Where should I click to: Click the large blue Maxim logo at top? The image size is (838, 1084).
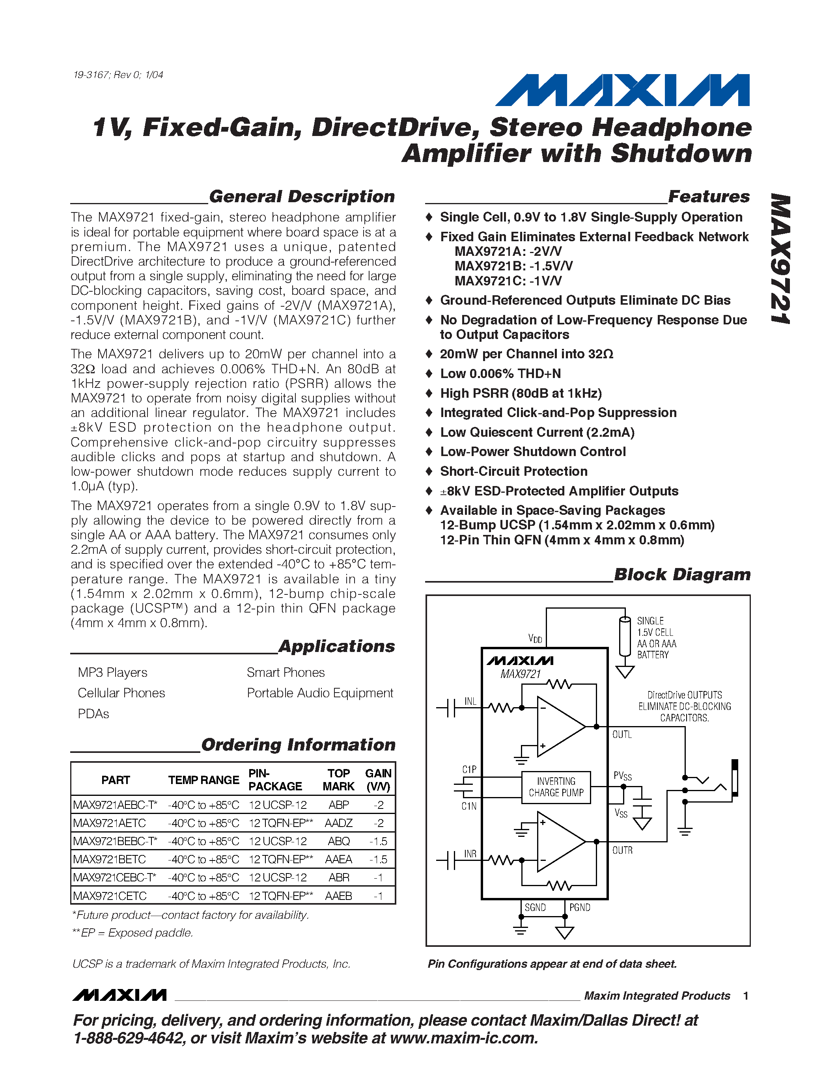point(623,90)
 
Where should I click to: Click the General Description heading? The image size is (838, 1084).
point(302,197)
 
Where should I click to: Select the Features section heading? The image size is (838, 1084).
point(709,197)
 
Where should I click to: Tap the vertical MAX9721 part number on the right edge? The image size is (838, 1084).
point(780,259)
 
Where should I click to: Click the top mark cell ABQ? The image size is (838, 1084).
point(339,841)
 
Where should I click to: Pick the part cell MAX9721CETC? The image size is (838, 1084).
point(110,896)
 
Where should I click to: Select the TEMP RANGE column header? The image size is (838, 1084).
point(203,780)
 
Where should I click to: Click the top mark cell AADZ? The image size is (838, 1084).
point(339,823)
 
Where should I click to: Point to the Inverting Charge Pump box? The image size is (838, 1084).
point(556,787)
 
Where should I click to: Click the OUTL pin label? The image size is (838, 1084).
point(622,735)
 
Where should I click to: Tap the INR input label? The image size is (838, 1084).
point(470,854)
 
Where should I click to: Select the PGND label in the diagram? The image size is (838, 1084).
point(580,907)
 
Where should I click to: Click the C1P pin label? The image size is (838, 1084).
point(469,769)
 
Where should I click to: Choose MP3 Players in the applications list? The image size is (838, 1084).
point(113,672)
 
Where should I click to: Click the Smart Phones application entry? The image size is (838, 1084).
point(286,672)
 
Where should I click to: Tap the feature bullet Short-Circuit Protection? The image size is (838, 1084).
point(514,471)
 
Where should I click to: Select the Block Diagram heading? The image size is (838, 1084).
point(682,574)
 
